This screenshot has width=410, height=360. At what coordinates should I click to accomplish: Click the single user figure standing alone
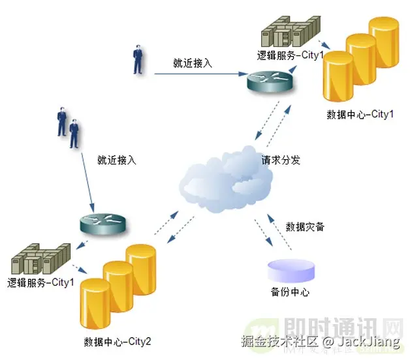tap(138, 59)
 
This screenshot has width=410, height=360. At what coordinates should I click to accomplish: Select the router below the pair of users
tap(101, 225)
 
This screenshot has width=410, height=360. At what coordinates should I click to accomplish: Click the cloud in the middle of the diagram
tap(225, 183)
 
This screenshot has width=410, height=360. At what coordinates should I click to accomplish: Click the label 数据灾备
tap(305, 227)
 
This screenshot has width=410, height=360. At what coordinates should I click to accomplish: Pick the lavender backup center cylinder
tap(291, 270)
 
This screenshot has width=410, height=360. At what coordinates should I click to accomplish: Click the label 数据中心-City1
tap(360, 115)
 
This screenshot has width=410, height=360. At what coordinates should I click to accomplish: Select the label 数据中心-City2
tap(118, 342)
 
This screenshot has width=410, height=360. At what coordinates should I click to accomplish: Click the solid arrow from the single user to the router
tap(196, 74)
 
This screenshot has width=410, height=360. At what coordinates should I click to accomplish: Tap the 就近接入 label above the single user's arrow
tap(193, 63)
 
